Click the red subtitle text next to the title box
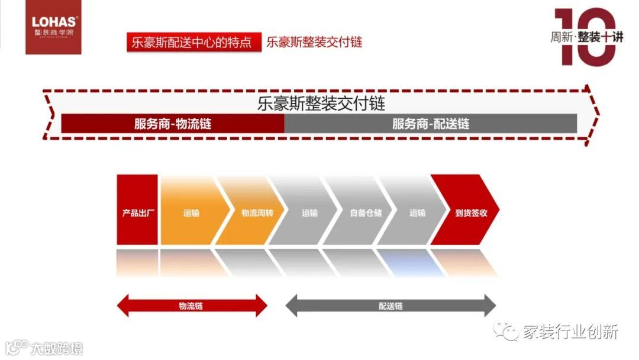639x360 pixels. pyautogui.click(x=314, y=42)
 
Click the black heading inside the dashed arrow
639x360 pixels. pyautogui.click(x=321, y=104)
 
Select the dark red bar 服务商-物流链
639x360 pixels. pyautogui.click(x=173, y=124)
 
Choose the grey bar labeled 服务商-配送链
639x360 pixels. pyautogui.click(x=431, y=124)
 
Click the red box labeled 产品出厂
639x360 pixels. pyautogui.click(x=137, y=210)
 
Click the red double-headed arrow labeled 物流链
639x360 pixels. pyautogui.click(x=192, y=306)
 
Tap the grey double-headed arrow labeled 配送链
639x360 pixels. pyautogui.click(x=390, y=306)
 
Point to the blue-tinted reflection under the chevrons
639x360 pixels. pyautogui.click(x=410, y=262)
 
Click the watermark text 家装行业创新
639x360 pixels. pyautogui.click(x=569, y=332)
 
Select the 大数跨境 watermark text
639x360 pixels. pyautogui.click(x=57, y=348)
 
